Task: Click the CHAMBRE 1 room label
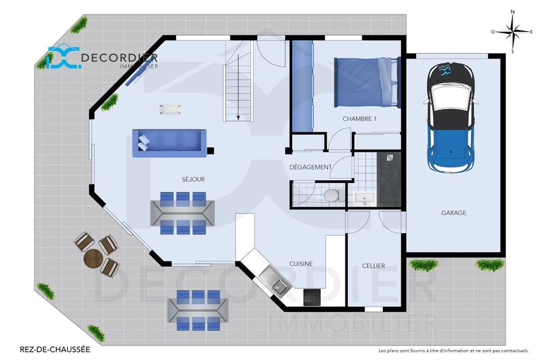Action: click(359, 119)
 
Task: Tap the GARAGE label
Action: click(454, 213)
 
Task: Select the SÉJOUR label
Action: click(193, 179)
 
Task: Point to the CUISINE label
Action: click(301, 264)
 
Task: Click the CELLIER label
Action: click(374, 266)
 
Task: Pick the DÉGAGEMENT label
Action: click(310, 167)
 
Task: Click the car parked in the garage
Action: click(451, 116)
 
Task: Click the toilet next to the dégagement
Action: click(332, 195)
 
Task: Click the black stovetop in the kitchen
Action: click(312, 296)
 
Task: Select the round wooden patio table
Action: click(93, 259)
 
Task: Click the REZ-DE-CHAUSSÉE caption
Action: click(55, 350)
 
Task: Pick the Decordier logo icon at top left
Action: click(64, 58)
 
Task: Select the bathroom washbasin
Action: click(365, 199)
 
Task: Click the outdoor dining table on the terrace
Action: click(198, 309)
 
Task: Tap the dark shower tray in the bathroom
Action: click(389, 178)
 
